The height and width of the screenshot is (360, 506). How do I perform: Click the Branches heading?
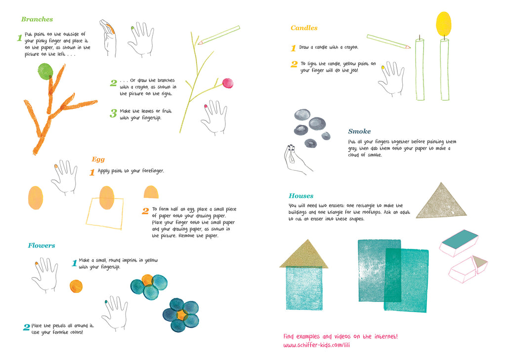tap(37, 19)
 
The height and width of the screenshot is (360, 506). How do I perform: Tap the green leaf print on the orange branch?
tap(45, 71)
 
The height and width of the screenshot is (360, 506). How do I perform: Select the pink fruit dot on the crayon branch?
tap(228, 83)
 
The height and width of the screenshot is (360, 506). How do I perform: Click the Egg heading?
tap(98, 160)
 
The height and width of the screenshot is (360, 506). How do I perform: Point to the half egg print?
tap(151, 192)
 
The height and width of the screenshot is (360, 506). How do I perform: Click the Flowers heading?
tap(42, 245)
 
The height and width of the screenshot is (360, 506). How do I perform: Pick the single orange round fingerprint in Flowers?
tap(76, 286)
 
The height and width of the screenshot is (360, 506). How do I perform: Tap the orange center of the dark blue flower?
tap(181, 315)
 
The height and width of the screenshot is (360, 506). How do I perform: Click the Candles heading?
tap(304, 28)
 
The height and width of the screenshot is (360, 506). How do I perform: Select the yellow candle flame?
tap(444, 24)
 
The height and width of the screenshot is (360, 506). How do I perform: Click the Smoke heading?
tap(359, 131)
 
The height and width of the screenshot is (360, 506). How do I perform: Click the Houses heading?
tap(301, 196)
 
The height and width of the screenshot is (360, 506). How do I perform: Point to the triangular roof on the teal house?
tap(304, 254)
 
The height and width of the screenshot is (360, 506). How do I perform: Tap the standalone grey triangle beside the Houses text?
tap(441, 202)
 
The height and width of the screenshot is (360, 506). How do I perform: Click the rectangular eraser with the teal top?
tap(459, 242)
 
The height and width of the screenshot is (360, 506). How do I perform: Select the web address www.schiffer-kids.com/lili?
tap(317, 345)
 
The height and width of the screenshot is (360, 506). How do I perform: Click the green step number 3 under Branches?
tap(113, 113)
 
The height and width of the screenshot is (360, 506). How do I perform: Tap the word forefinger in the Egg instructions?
tap(153, 171)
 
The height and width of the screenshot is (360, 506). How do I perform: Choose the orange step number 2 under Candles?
tap(294, 64)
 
